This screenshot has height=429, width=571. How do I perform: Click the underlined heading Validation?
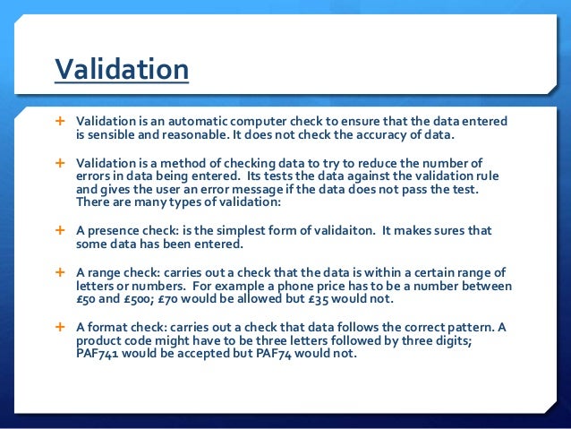(121, 69)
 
